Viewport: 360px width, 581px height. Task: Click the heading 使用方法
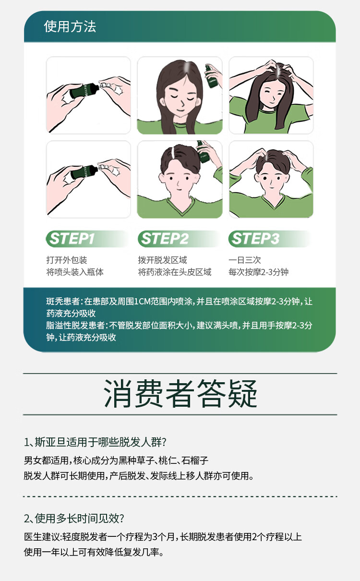pyautogui.click(x=70, y=26)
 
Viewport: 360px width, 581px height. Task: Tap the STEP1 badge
pyautogui.click(x=87, y=239)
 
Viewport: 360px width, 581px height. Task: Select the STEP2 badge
pyautogui.click(x=179, y=239)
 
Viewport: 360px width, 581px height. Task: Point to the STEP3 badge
pyautogui.click(x=270, y=239)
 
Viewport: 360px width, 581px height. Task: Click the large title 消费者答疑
pyautogui.click(x=180, y=394)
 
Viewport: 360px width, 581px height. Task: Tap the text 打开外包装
pyautogui.click(x=67, y=260)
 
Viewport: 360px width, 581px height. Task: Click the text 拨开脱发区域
pyautogui.click(x=162, y=260)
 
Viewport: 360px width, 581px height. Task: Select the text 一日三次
pyautogui.click(x=245, y=260)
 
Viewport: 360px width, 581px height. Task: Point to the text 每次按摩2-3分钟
pyautogui.click(x=258, y=272)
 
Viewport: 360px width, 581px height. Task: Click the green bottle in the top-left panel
pyautogui.click(x=84, y=90)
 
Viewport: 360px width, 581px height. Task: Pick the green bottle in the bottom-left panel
pyautogui.click(x=84, y=172)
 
